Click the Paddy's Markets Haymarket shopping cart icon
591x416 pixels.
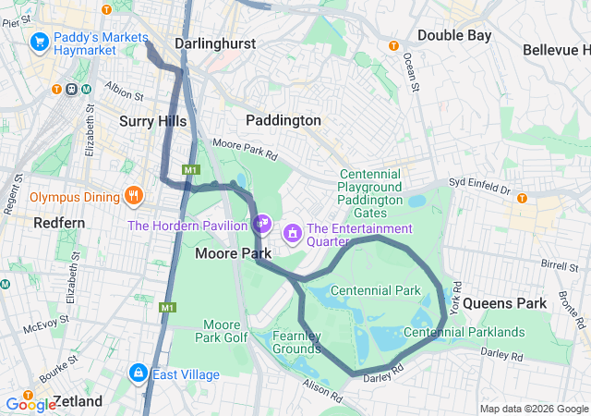tap(39, 42)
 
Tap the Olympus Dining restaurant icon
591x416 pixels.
tap(135, 196)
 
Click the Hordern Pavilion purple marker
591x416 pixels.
tap(262, 224)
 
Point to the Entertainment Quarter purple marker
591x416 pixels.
tap(293, 231)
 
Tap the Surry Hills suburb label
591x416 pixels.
tap(152, 121)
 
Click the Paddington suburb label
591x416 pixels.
tap(283, 120)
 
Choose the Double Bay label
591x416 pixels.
tap(454, 35)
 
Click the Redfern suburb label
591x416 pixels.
tap(59, 223)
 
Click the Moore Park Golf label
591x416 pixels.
tap(222, 331)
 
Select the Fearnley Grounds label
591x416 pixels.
tap(296, 342)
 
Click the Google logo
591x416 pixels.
tap(30, 404)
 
